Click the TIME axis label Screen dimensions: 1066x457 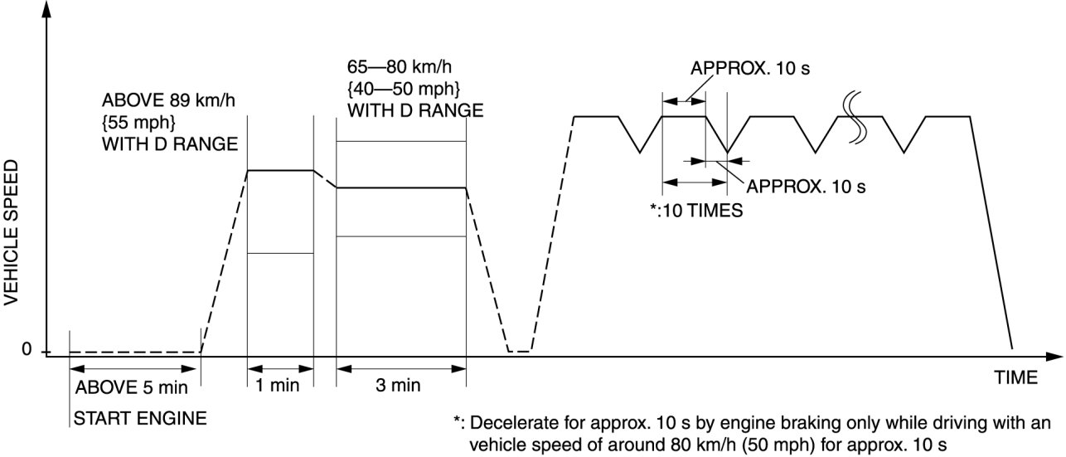coord(1015,378)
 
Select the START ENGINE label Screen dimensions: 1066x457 coord(140,417)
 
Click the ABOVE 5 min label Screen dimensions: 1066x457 coord(132,387)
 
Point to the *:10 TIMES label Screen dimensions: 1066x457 coord(696,210)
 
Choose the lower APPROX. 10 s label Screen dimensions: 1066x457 coord(807,187)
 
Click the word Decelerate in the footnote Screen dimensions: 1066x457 coord(509,422)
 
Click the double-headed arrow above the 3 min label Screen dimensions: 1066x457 coord(400,366)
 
